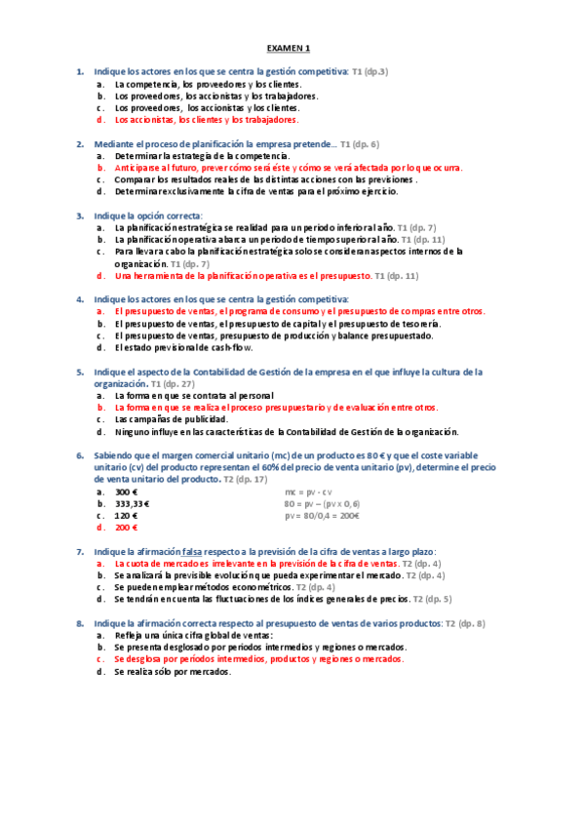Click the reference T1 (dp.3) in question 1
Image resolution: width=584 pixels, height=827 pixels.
[370, 72]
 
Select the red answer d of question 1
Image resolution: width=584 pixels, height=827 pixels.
[205, 121]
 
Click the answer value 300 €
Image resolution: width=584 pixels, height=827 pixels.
[126, 492]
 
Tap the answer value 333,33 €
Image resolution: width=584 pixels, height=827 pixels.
[132, 504]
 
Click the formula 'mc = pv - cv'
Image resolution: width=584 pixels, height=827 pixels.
[308, 492]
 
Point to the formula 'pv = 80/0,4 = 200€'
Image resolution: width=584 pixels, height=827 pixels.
[322, 516]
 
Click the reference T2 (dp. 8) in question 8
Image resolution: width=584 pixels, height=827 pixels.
[465, 623]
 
